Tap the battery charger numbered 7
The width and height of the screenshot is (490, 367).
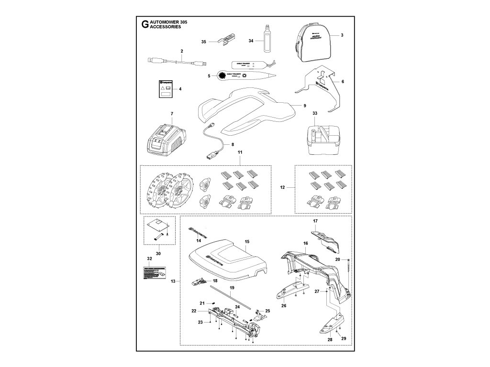(166, 140)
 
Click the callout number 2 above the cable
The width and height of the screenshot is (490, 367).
(182, 51)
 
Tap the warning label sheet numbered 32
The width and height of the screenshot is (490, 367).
(154, 274)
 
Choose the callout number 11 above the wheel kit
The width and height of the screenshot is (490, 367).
(240, 151)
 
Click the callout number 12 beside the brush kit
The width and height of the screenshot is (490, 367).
(282, 188)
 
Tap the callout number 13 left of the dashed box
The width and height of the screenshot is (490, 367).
(172, 281)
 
